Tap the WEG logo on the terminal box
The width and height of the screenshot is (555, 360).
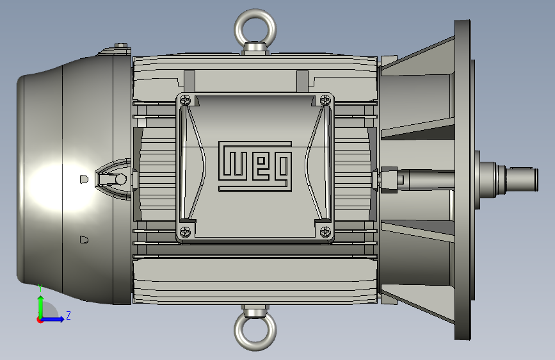(255, 167)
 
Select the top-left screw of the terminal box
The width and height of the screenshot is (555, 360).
(185, 100)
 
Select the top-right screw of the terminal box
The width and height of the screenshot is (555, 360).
(325, 100)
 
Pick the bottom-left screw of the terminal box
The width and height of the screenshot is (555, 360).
(185, 232)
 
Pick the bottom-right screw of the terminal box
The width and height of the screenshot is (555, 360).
(325, 232)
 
